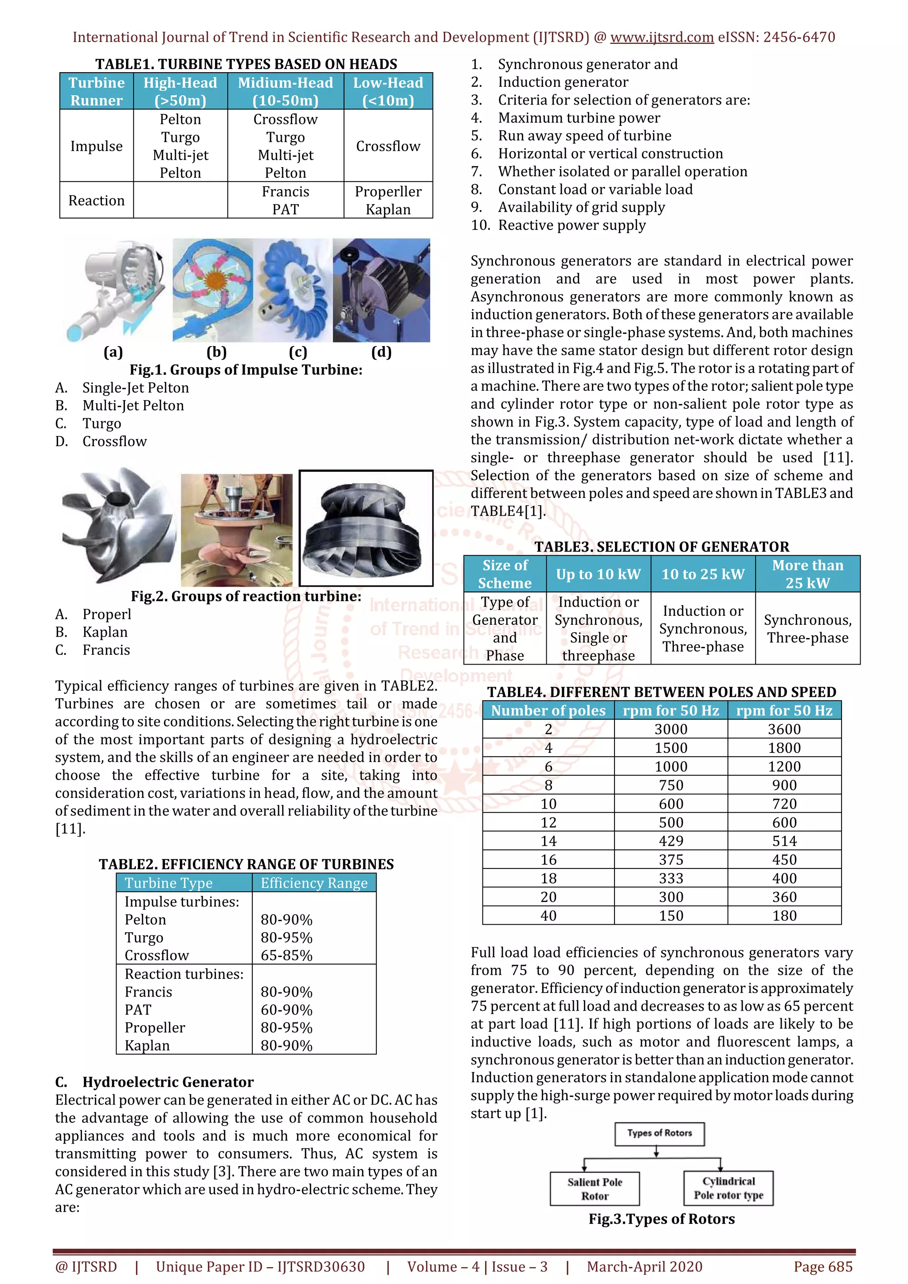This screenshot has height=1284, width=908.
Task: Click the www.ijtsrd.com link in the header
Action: [661, 38]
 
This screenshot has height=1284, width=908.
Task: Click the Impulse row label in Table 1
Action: [96, 146]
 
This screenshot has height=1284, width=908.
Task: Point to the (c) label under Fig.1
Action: [297, 352]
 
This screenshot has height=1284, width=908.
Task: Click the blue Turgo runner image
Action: [292, 290]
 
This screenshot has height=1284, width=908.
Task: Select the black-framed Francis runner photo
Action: [366, 528]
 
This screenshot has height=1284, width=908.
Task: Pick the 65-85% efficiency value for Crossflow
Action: [286, 955]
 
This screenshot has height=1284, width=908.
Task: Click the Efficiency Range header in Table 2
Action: [314, 883]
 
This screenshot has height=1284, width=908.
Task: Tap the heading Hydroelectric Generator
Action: [168, 1082]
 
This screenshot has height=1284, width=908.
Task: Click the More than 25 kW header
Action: [807, 574]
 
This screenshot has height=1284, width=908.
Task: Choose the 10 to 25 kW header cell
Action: [703, 574]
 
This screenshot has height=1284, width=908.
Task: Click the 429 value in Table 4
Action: [671, 841]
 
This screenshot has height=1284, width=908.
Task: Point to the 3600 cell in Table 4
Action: [784, 729]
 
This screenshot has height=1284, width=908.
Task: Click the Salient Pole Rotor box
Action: [594, 1189]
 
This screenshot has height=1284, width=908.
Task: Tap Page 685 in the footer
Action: [822, 1267]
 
